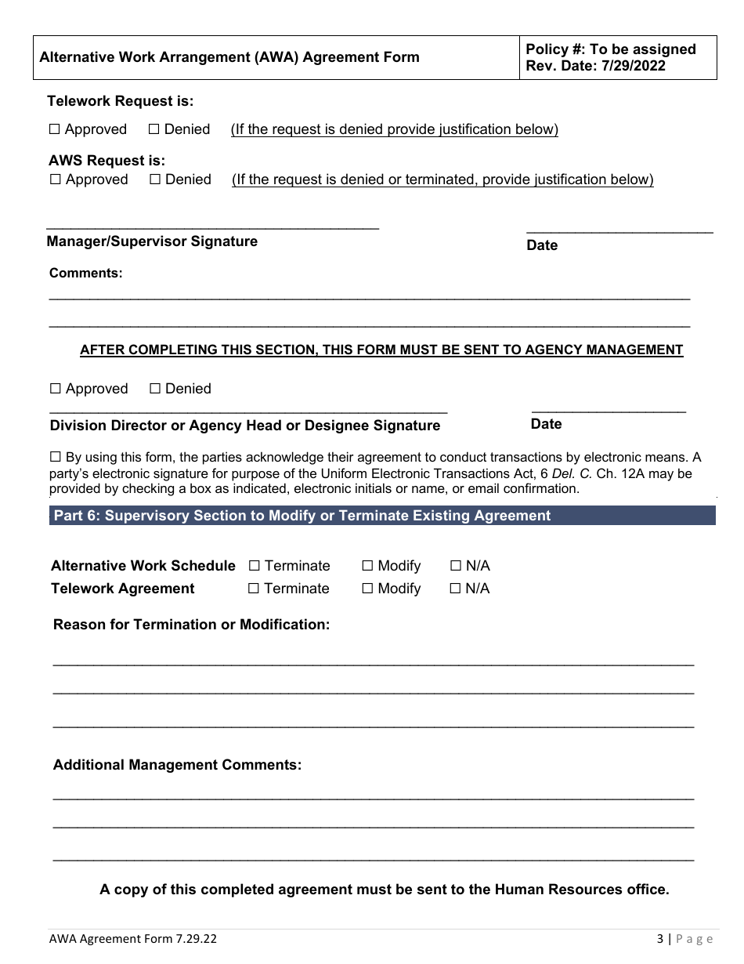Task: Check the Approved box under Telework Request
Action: [55, 129]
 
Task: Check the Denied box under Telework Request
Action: [153, 129]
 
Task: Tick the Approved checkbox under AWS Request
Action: [56, 179]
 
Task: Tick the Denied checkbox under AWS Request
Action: [155, 179]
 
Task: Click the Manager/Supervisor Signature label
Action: [152, 241]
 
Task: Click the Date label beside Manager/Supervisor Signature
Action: [542, 245]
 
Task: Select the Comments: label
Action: [86, 274]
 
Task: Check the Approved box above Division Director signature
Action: [56, 389]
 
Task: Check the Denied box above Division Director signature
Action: [155, 389]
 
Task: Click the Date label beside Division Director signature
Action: [546, 424]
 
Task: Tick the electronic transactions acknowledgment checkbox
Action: [56, 457]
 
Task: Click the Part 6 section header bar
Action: [382, 516]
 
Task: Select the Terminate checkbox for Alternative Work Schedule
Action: [255, 566]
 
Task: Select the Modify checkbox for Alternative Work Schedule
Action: [367, 566]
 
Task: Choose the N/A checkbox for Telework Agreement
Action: [455, 589]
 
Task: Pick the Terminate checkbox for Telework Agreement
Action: [254, 589]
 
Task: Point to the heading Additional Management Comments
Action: [177, 765]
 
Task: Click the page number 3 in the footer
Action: [659, 938]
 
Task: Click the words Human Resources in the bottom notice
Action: [552, 890]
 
